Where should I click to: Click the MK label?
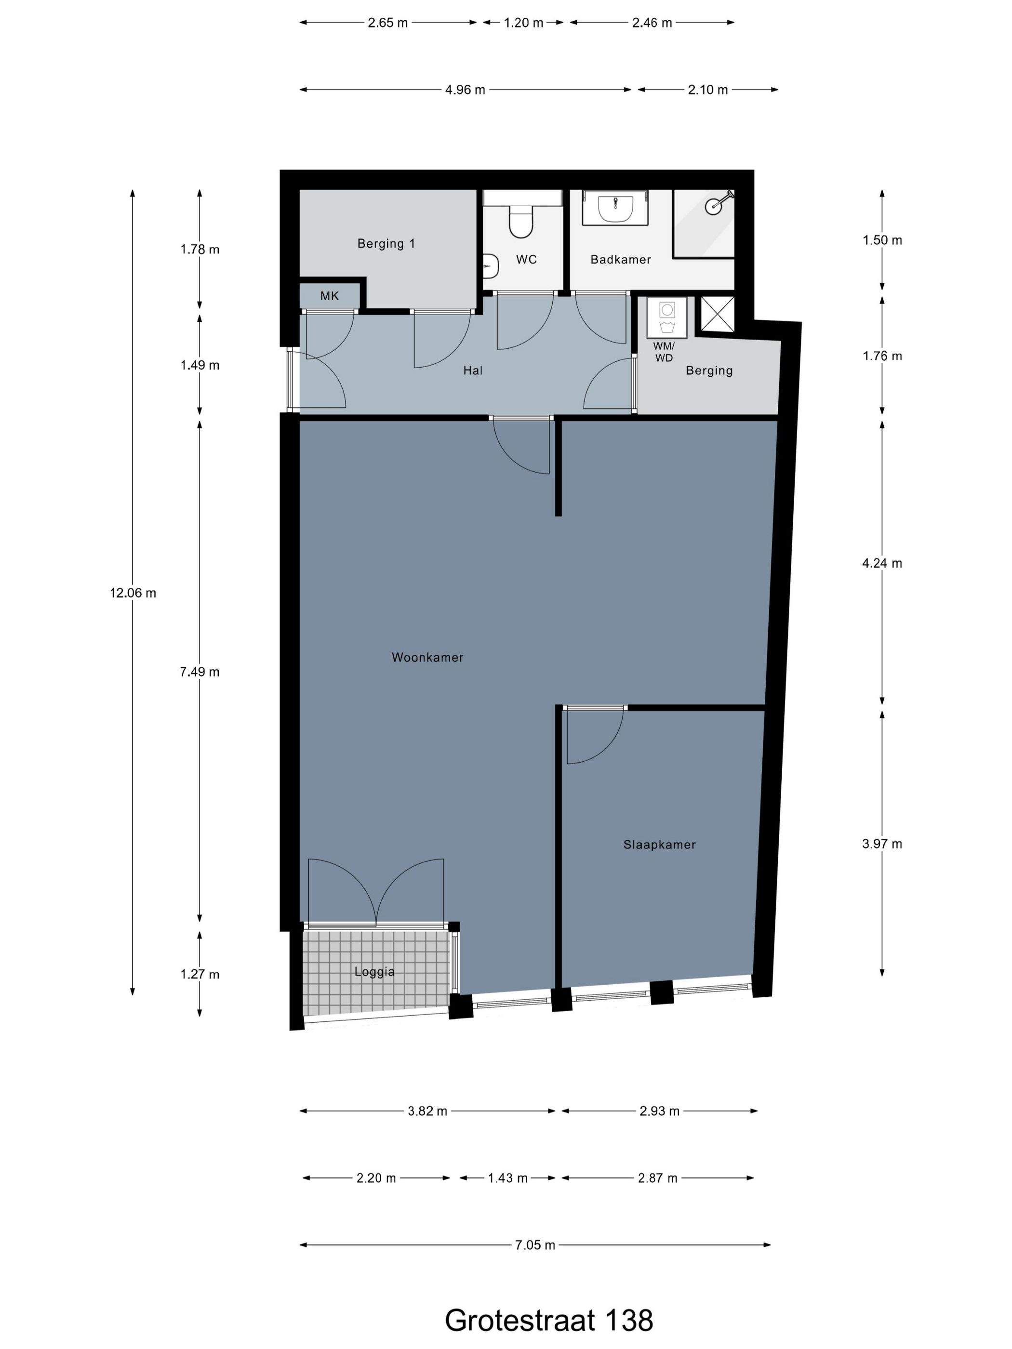(x=330, y=296)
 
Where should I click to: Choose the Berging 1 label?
(x=386, y=243)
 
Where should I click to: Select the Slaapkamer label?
(x=659, y=844)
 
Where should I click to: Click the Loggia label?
(x=374, y=971)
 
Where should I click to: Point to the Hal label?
(x=473, y=370)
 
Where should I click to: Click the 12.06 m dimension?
(x=133, y=593)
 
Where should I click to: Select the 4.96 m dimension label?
(x=465, y=90)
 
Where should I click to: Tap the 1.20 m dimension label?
(x=523, y=23)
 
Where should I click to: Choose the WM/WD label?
(x=664, y=352)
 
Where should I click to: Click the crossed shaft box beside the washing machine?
(x=716, y=314)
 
